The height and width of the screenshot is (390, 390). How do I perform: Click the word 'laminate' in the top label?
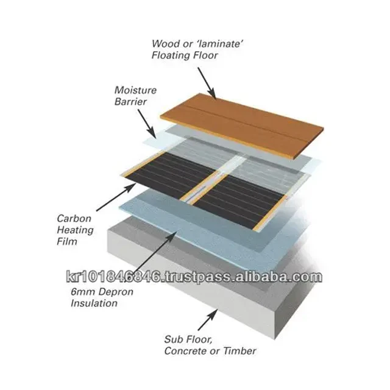coord(219,44)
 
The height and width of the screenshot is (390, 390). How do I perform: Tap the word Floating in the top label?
coord(168,55)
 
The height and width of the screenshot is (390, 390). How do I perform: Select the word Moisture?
coord(135,90)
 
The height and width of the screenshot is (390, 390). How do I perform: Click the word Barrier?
coord(130,102)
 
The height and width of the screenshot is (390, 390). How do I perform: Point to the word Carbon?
coord(74,219)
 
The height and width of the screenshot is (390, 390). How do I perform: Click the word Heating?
coord(75,230)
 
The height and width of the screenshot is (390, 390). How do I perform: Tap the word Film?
coord(67,241)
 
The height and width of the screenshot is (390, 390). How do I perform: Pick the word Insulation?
coord(94,303)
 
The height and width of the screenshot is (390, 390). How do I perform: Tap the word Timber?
coord(239,351)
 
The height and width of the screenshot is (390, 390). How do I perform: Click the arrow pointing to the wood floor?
coord(207,83)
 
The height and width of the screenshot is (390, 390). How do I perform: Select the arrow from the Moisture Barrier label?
coord(147,124)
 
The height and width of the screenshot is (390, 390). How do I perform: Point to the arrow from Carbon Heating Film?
coord(116,197)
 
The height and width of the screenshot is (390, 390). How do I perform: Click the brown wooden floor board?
coord(242,126)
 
